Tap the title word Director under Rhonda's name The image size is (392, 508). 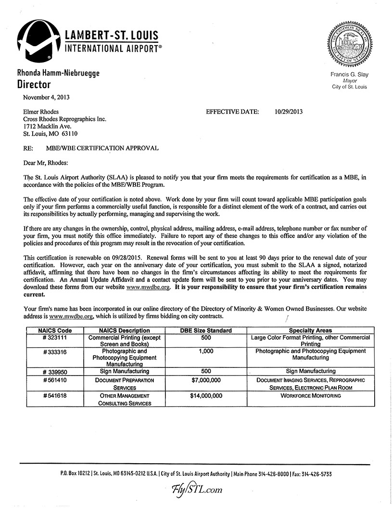pos(34,85)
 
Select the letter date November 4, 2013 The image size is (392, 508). pos(47,97)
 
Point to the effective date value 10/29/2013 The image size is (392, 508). pos(289,112)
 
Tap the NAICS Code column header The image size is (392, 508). pos(55,330)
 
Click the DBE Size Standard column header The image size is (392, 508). pos(206,330)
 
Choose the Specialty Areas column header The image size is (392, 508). pos(310,330)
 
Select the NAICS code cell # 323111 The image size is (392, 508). pos(55,338)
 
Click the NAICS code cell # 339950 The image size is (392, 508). pos(55,371)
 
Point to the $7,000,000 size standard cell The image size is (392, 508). pos(206,380)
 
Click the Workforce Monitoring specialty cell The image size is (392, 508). pos(310,395)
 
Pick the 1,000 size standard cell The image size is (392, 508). pos(206,352)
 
